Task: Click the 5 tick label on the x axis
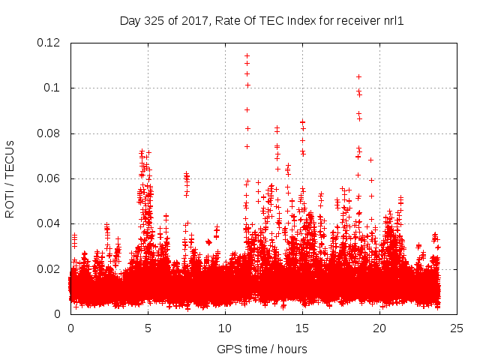[148, 328]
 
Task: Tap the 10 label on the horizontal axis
[225, 328]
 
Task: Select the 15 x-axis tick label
[302, 328]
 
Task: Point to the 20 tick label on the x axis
[380, 328]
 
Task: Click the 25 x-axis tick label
[457, 328]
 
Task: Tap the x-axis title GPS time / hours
[262, 349]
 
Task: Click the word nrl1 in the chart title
[394, 20]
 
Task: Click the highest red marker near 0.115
[247, 55]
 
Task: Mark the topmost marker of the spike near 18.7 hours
[358, 76]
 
